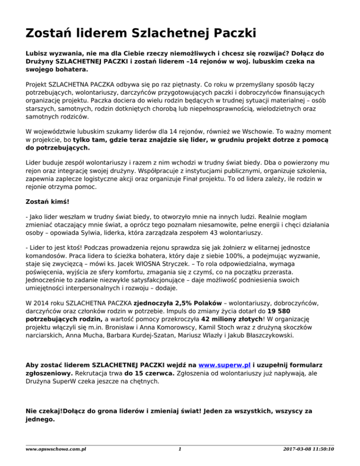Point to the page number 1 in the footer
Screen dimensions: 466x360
[x=180, y=449]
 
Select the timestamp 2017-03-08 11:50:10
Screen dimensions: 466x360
[x=310, y=449]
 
